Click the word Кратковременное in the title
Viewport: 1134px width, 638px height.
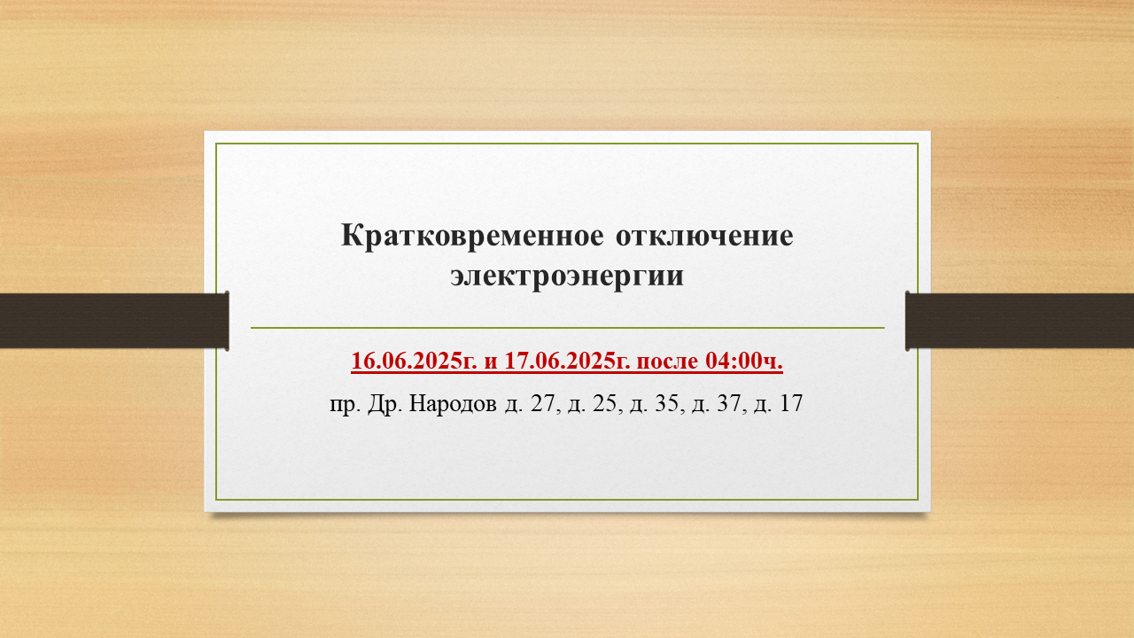(472, 236)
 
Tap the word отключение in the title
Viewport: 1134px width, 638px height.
(704, 236)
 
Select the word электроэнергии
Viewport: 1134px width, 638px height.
(567, 276)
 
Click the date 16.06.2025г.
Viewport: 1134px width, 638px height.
(414, 361)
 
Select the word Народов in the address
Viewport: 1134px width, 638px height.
(453, 403)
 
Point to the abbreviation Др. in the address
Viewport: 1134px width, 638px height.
(385, 403)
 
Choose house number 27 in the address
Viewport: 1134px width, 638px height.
(543, 403)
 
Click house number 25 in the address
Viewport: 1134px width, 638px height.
(604, 403)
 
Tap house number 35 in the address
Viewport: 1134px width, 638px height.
(667, 403)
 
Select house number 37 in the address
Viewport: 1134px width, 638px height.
(729, 403)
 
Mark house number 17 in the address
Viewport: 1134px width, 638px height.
(791, 403)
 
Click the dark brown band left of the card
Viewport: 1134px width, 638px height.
(114, 321)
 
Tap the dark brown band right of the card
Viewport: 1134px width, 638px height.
(1020, 321)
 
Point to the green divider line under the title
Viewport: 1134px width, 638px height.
(568, 328)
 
